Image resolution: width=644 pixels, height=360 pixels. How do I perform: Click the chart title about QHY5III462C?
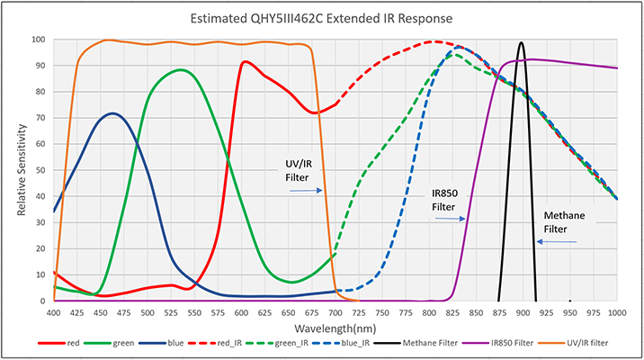[x=321, y=19]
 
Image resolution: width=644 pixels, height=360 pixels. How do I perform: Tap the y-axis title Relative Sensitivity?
[x=22, y=170]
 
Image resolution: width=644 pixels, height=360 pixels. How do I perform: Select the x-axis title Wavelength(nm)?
[x=335, y=328]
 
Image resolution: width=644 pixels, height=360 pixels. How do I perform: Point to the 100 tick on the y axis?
[x=38, y=40]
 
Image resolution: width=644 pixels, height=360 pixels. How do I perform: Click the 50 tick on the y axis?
[x=40, y=170]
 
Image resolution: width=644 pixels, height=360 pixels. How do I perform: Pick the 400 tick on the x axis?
[x=54, y=313]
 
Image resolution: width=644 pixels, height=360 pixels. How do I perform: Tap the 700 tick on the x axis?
[x=335, y=313]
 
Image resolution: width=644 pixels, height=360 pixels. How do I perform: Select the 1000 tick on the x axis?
[x=617, y=313]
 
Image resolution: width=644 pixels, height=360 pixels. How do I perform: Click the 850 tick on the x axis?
[x=477, y=313]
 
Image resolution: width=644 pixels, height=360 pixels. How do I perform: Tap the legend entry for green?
[x=109, y=343]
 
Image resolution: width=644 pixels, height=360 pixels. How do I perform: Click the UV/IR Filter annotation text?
[x=299, y=170]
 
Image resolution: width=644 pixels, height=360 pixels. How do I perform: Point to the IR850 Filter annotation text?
[x=445, y=200]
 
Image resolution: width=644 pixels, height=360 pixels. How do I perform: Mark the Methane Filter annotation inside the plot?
[x=564, y=222]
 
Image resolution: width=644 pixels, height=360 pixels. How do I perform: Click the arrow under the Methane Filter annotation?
[x=557, y=242]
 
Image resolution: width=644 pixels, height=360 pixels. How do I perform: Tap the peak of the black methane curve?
[x=521, y=42]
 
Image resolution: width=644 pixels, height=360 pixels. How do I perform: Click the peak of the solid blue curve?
[x=112, y=113]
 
